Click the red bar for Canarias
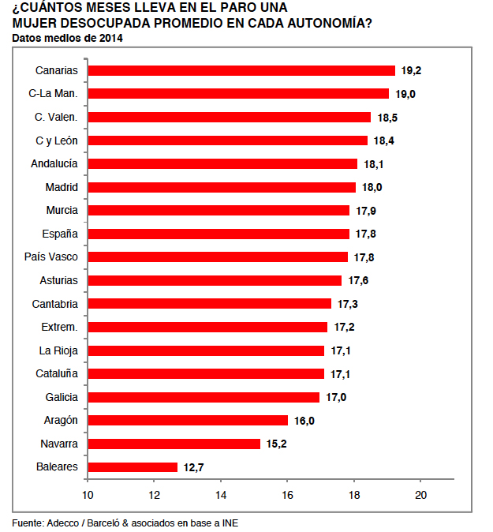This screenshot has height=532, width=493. pos(241,70)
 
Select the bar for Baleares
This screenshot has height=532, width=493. pos(133,466)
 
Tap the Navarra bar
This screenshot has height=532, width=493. pos(174,444)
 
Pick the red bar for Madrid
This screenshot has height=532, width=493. pos(221,187)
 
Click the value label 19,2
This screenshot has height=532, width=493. pos(411,70)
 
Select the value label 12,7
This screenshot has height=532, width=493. pos(194,467)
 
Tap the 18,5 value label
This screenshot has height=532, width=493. pos(387,117)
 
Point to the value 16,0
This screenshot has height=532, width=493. pos(304,421)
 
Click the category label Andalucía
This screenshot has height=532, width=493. pos(54,163)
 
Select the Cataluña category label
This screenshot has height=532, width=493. pos(57,373)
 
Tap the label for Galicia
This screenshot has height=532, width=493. pos(62,397)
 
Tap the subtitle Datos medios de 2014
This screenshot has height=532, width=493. pos(67,37)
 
